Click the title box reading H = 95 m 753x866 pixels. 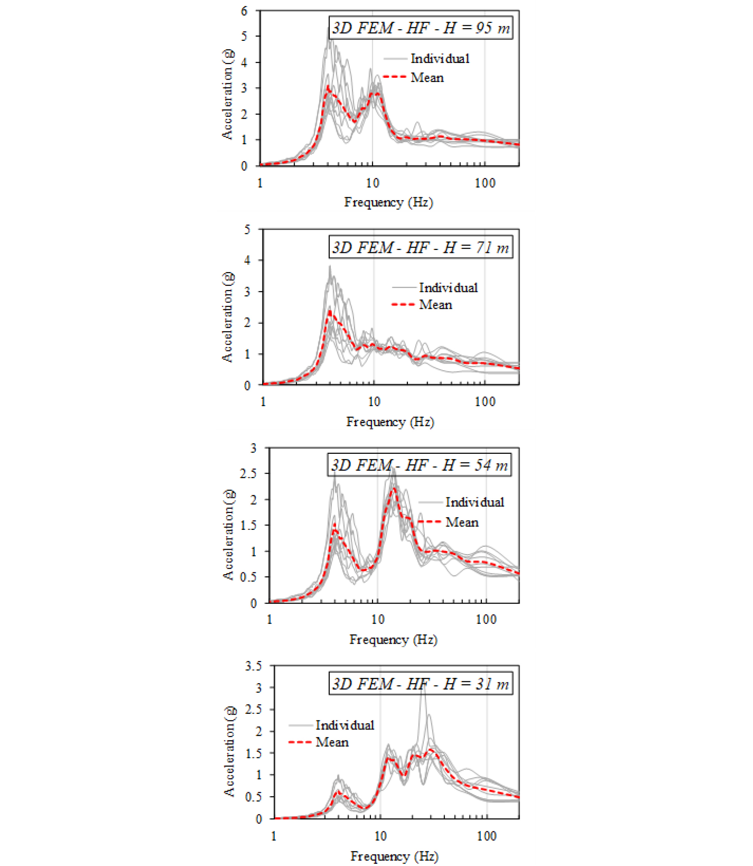pos(421,28)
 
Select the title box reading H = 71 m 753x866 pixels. pos(421,247)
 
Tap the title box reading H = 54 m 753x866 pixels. pos(419,465)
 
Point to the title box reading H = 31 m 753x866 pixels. pos(421,684)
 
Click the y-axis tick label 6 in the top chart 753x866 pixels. pos(244,11)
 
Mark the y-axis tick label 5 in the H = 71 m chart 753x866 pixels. pos(247,230)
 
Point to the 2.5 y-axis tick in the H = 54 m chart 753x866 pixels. pos(248,474)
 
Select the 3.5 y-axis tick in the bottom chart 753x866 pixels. pos(253,666)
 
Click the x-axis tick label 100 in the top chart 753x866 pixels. pos(485,183)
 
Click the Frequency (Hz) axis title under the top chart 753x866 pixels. pos(388,202)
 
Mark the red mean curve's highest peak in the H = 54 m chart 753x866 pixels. pos(394,488)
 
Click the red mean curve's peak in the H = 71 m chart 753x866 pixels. pos(330,312)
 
